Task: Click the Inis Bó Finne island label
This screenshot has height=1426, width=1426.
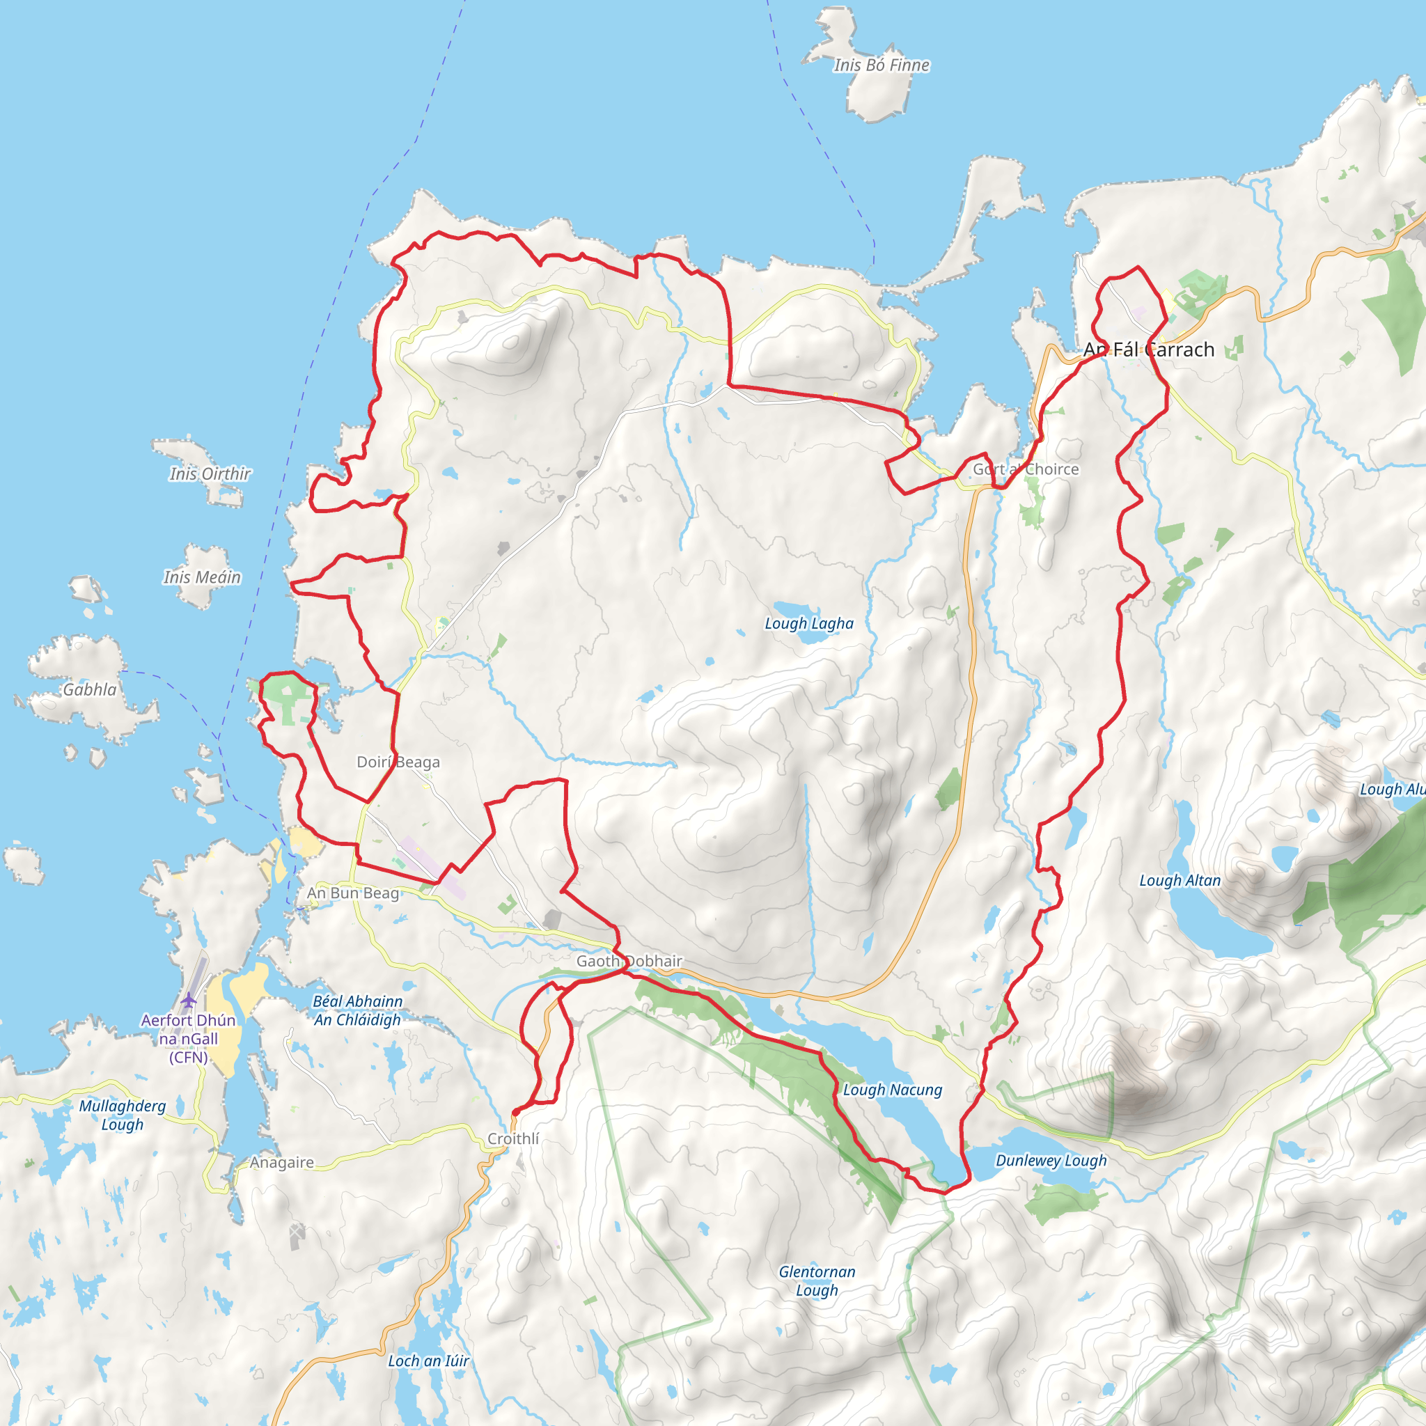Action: point(882,65)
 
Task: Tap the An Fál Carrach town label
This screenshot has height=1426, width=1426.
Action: point(1148,350)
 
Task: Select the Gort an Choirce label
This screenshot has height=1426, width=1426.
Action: point(1025,469)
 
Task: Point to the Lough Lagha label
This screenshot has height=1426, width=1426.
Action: point(809,624)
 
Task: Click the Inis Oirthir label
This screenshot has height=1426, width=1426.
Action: point(210,474)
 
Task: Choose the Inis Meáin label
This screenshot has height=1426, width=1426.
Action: point(202,577)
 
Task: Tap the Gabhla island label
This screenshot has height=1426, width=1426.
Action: point(89,689)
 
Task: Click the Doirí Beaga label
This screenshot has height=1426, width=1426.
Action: point(398,762)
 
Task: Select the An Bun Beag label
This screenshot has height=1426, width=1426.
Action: point(353,893)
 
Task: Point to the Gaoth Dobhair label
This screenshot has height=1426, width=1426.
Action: point(629,961)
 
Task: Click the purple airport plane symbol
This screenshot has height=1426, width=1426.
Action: point(189,1001)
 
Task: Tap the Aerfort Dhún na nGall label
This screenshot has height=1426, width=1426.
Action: point(188,1038)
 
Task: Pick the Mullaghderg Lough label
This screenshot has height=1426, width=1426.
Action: point(123,1115)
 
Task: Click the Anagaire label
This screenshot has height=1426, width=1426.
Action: point(281,1163)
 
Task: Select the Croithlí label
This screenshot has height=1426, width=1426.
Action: point(513,1139)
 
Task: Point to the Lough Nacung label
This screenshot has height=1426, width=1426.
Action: point(893,1090)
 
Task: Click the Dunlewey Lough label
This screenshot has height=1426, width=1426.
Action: point(1051,1160)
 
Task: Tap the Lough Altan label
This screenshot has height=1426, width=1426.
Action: point(1180,881)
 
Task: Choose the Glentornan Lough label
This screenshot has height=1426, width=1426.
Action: point(817,1280)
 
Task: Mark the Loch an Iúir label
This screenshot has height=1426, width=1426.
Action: point(428,1361)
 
